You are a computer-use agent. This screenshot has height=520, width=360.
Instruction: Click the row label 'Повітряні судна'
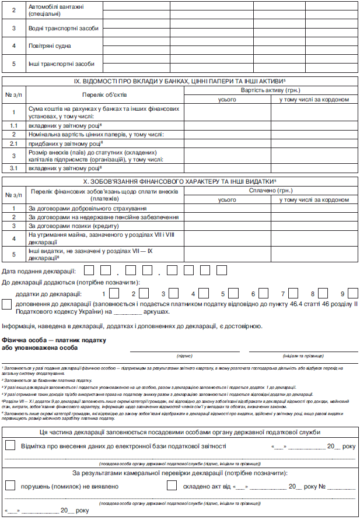click(x=50, y=45)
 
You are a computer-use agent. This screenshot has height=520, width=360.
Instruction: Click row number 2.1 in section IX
click(x=14, y=142)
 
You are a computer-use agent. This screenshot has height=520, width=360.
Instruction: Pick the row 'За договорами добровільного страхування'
click(x=88, y=208)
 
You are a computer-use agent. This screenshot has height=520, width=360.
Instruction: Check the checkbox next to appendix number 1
click(x=114, y=293)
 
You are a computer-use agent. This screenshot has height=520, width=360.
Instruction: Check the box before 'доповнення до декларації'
click(x=7, y=304)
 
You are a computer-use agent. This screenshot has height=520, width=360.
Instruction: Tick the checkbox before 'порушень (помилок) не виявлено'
click(x=10, y=485)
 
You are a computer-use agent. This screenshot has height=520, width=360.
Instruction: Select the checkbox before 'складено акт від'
click(x=172, y=485)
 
